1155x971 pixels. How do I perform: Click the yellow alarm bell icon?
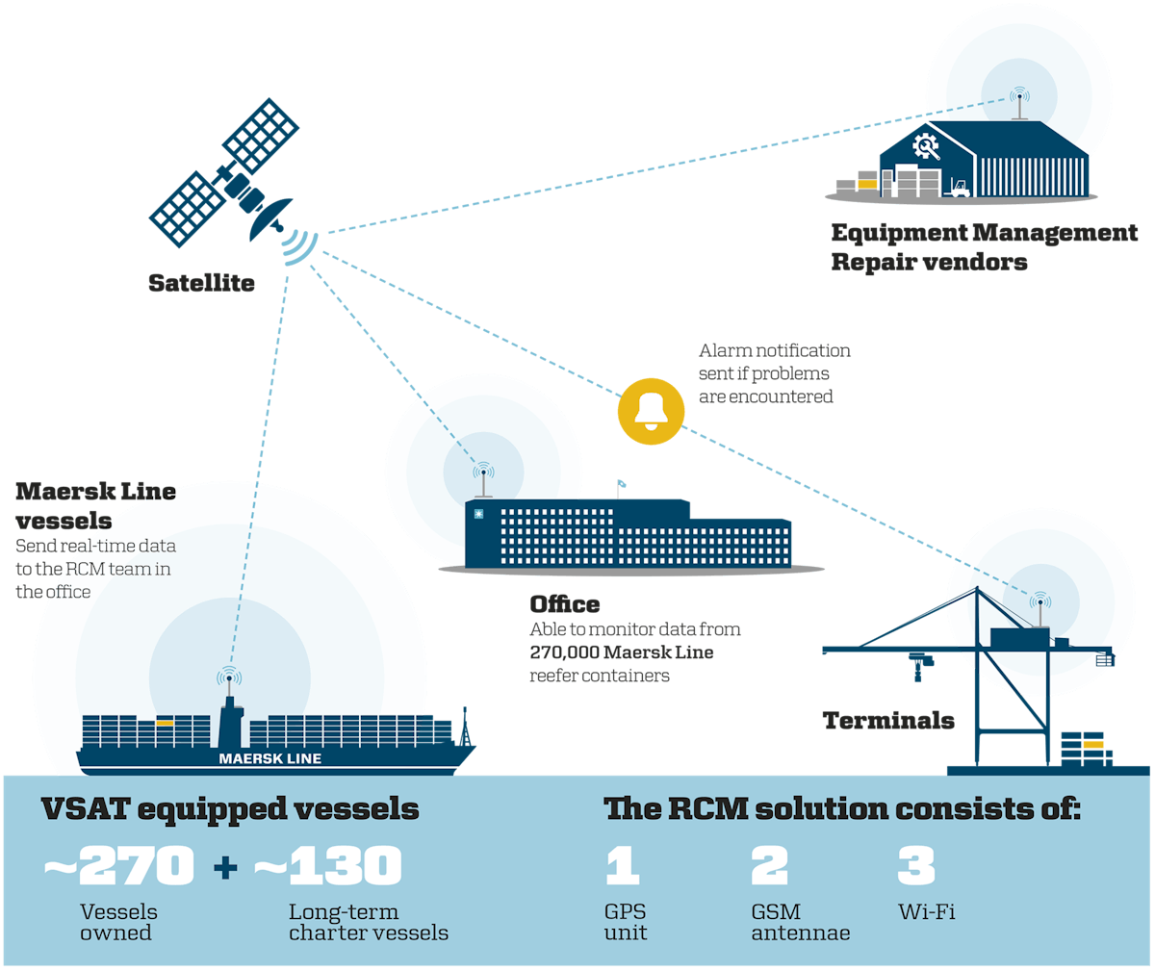[652, 411]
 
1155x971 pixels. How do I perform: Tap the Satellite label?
[201, 283]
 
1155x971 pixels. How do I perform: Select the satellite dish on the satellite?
[269, 218]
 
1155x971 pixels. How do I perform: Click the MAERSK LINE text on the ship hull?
[270, 758]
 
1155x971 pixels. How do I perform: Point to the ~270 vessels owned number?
[120, 866]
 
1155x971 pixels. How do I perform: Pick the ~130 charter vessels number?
[328, 866]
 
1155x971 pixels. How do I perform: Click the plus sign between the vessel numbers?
[225, 868]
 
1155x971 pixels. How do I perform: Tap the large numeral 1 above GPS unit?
[623, 865]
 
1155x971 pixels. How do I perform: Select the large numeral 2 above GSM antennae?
[769, 865]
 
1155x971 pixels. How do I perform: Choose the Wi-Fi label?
[927, 911]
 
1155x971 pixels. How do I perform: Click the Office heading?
[565, 604]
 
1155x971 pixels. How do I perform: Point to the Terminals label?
[888, 721]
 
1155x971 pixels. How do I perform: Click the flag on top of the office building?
[621, 485]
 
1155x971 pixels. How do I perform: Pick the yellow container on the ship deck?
[165, 722]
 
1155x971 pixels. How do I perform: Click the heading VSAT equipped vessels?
[230, 809]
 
